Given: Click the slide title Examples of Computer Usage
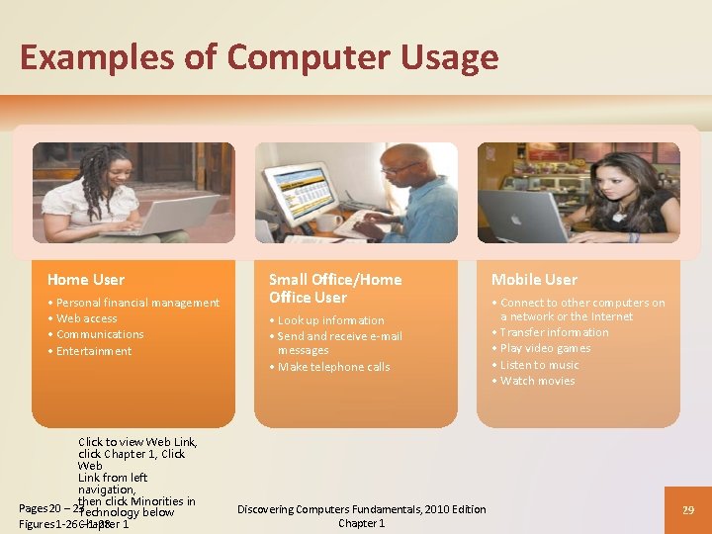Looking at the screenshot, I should point(258,57).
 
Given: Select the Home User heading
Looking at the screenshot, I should point(86,280).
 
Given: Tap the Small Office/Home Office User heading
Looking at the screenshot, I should point(335,288).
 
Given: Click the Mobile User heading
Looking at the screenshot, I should point(534,280).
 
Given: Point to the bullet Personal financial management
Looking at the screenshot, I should point(137,303).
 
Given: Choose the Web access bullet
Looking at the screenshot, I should point(86,318).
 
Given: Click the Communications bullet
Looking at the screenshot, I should point(100,334).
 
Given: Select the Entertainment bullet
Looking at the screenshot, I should point(94,351).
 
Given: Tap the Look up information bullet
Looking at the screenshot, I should point(330,320).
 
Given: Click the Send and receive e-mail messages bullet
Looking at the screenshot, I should point(339,343).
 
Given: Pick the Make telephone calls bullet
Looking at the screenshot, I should point(333,367).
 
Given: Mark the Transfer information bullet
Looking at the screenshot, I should point(554,332).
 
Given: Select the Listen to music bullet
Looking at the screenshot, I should point(539,365).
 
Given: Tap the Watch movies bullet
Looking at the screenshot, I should point(537,381).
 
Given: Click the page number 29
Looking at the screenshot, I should point(688,509).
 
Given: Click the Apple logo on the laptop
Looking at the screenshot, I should point(523,210).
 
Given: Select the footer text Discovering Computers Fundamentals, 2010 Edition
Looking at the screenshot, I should point(362,509).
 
